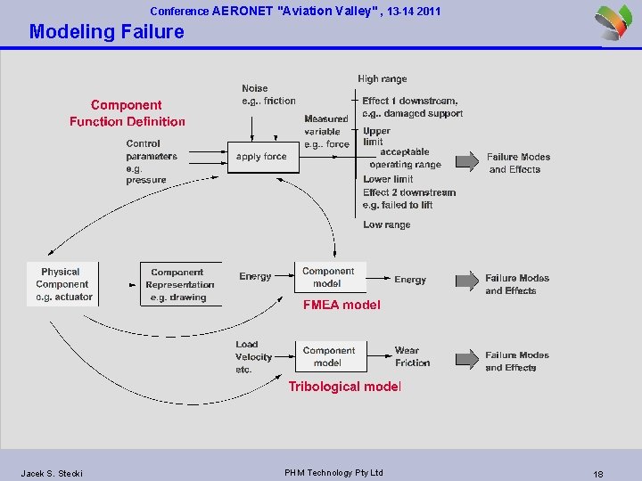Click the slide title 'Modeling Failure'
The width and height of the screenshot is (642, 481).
[x=106, y=32]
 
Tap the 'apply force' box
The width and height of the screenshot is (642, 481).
[x=261, y=157]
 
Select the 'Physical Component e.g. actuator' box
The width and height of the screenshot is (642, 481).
[x=62, y=284]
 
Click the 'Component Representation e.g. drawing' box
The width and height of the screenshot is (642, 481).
[x=177, y=285]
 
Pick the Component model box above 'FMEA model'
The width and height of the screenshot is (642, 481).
[x=328, y=278]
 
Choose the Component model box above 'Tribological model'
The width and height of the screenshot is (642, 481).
[x=328, y=356]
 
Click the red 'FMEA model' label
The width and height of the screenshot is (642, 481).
[x=342, y=305]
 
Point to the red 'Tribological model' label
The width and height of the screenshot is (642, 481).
[x=344, y=387]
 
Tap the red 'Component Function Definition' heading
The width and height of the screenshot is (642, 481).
[x=127, y=113]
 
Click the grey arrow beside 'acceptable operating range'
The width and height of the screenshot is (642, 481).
[x=466, y=160]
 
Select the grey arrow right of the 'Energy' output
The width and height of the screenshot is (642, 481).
[x=466, y=281]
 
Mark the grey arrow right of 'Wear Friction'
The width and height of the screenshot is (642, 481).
[x=466, y=359]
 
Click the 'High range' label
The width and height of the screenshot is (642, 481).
[x=382, y=79]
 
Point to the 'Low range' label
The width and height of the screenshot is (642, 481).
[x=386, y=224]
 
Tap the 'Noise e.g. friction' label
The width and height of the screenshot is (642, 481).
[x=267, y=94]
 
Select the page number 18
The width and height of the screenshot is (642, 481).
[x=597, y=474]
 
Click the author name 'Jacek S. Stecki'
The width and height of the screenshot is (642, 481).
[x=52, y=473]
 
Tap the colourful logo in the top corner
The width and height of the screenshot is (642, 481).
[x=615, y=21]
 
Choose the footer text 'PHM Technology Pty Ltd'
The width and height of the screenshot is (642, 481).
[x=333, y=472]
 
